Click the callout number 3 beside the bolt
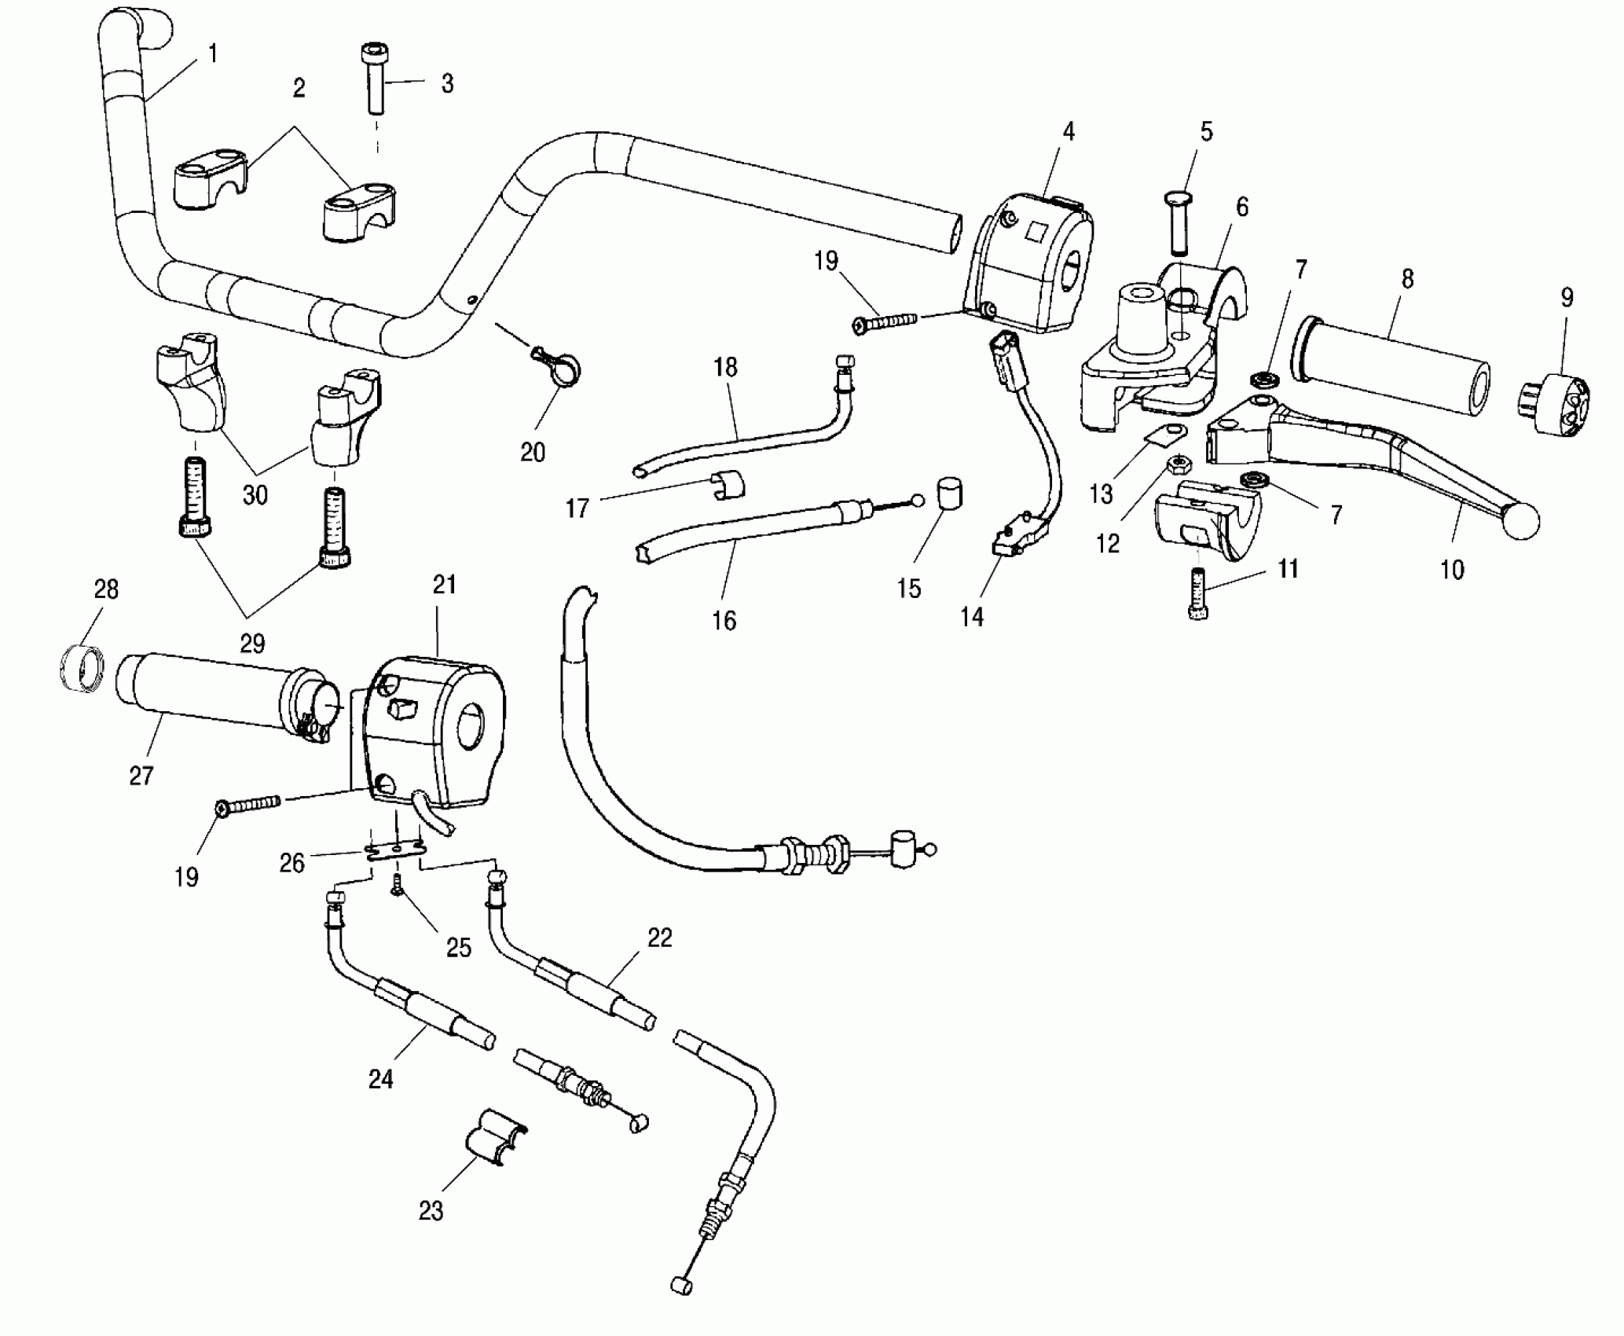[447, 84]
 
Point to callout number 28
[106, 589]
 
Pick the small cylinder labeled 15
[949, 496]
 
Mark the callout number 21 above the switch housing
[445, 585]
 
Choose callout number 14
[972, 617]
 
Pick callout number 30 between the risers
[255, 495]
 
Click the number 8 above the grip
[1407, 279]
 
